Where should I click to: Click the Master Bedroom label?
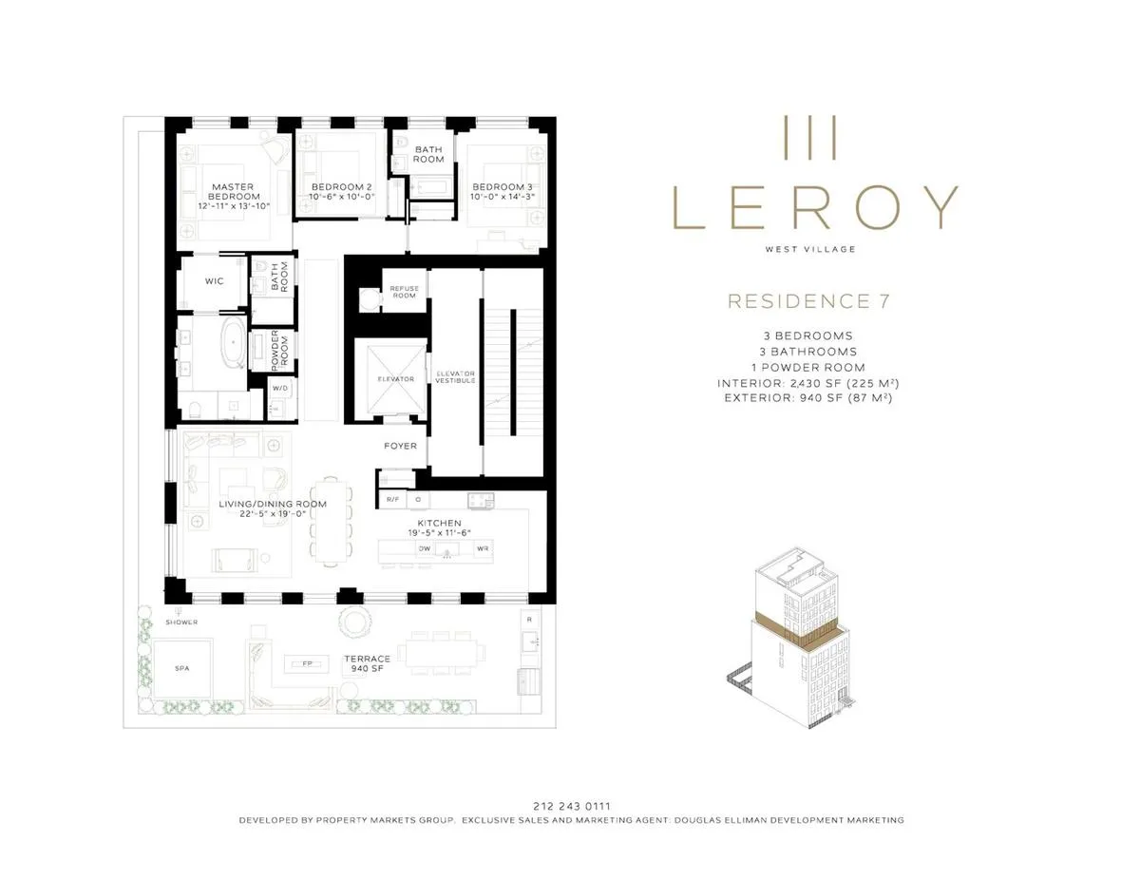coord(231,191)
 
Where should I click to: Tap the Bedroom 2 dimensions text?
coord(343,197)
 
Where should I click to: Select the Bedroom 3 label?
coord(503,185)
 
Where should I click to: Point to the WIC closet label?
coord(215,281)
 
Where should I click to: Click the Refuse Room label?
coord(404,292)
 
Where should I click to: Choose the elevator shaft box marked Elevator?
coord(395,378)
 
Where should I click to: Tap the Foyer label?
coord(400,446)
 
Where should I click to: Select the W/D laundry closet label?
coord(280,388)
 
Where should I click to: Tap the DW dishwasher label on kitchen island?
coord(425,548)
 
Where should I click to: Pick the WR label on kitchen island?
coord(483,548)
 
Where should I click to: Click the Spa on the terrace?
coord(181,668)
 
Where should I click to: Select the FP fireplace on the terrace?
coord(307,663)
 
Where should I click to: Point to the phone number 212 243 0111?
coord(570,805)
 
